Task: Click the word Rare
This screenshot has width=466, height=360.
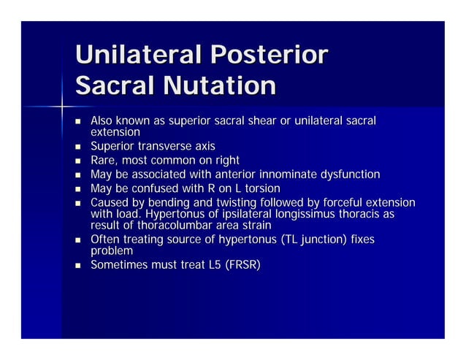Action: (x=104, y=161)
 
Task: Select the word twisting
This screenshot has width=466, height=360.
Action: (x=223, y=202)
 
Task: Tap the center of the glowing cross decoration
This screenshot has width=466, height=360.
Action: (x=61, y=107)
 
